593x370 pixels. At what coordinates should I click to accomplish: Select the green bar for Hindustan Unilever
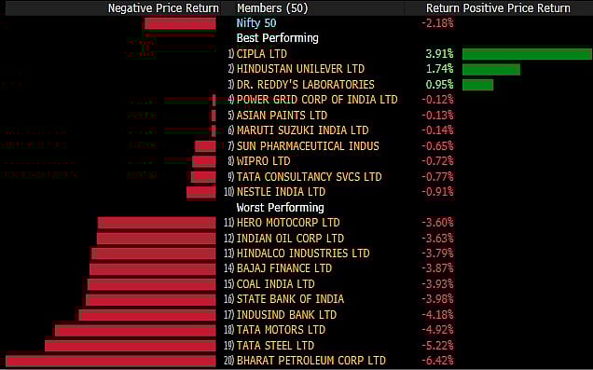click(490, 69)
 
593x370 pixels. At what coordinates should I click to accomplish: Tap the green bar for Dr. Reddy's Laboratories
click(477, 85)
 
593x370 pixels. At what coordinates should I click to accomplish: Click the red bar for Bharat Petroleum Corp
click(110, 361)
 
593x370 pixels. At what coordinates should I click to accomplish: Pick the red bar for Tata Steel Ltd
click(130, 346)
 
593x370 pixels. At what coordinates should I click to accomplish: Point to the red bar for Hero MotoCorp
click(156, 223)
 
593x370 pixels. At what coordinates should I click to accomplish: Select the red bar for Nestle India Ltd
click(200, 192)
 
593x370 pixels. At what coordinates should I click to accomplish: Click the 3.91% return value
click(439, 54)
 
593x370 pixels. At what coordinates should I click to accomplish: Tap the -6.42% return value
click(438, 361)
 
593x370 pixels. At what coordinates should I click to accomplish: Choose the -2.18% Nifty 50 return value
click(438, 22)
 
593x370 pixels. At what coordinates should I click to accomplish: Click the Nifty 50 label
click(255, 22)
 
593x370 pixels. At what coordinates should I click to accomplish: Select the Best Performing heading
click(277, 38)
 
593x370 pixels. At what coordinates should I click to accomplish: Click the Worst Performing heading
click(280, 207)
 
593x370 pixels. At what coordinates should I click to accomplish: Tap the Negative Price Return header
click(162, 7)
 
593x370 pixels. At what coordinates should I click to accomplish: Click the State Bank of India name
click(290, 299)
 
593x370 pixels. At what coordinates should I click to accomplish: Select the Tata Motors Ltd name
click(281, 330)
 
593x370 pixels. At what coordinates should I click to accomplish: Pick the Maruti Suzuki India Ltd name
click(302, 130)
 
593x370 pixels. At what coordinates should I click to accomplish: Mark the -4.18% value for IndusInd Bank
click(438, 315)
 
